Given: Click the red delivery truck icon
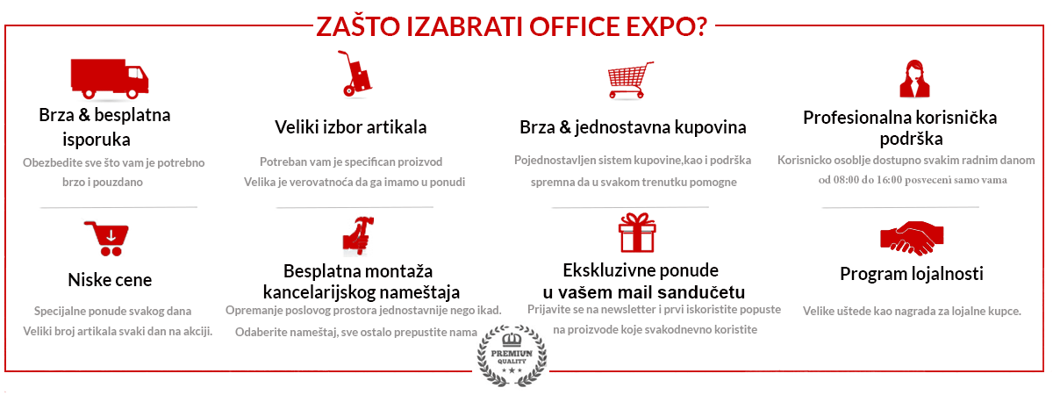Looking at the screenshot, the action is [x=110, y=78].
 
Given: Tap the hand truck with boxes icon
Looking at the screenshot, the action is [x=355, y=74].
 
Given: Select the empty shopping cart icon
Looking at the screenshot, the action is [x=630, y=80].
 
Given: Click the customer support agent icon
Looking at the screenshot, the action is [x=914, y=78].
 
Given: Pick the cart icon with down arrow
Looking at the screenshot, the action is [x=107, y=239].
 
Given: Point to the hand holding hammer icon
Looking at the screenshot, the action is [x=358, y=235].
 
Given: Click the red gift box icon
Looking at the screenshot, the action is [x=637, y=233].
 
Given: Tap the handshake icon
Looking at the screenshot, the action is [x=912, y=238].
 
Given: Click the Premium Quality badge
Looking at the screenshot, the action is [x=512, y=356].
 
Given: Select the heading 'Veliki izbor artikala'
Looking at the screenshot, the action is [x=351, y=127].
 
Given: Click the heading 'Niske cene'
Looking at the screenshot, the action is [x=110, y=280].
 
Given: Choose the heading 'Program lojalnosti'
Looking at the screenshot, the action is [x=912, y=274].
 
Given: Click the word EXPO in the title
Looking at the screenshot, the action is [x=666, y=27].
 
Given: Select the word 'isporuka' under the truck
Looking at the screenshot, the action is [x=97, y=140].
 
